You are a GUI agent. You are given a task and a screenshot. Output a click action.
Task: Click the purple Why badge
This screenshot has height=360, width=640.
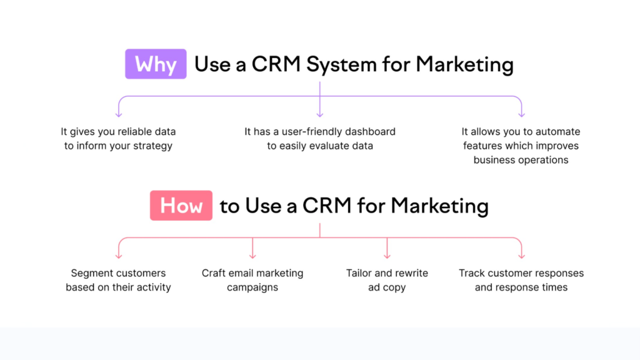[156, 64]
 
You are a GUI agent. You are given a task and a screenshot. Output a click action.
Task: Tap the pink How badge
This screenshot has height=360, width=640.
[181, 205]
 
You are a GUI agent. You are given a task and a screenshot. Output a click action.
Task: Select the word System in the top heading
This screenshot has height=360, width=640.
[341, 64]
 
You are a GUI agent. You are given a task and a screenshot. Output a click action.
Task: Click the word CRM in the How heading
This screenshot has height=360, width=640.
[326, 205]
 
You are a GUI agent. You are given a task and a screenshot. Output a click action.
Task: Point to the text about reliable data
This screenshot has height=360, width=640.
[118, 139]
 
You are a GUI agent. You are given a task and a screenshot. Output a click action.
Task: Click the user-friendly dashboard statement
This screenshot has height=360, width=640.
[320, 139]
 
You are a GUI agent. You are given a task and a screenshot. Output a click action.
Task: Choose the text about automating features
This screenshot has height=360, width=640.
[521, 146]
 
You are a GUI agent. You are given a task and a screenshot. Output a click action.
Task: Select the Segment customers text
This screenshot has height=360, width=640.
[118, 280]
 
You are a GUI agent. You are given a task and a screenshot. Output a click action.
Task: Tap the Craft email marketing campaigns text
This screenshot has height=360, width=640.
[252, 280]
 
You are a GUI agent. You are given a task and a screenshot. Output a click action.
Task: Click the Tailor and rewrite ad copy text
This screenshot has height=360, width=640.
[387, 280]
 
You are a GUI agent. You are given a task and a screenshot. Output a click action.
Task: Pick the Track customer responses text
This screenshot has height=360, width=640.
[521, 280]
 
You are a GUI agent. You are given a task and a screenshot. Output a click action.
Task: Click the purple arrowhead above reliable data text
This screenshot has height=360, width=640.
[119, 115]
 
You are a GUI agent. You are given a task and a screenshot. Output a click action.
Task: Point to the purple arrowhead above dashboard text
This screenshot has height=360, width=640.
[320, 115]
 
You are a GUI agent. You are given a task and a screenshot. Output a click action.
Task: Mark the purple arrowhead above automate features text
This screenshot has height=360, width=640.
[522, 115]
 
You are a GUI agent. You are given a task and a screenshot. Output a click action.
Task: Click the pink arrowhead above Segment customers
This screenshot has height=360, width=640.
[119, 256]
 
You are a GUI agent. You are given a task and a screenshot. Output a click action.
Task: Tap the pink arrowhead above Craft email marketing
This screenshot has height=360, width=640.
[252, 256]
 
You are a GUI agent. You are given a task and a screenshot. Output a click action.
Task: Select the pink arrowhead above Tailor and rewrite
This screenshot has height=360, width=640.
[387, 256]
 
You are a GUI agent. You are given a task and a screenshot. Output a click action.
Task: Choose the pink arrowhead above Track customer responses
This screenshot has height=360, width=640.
[522, 256]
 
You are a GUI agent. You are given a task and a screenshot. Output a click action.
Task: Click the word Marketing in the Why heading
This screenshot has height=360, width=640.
[464, 64]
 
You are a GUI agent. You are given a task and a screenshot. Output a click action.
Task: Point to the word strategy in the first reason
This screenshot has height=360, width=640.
[152, 146]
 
